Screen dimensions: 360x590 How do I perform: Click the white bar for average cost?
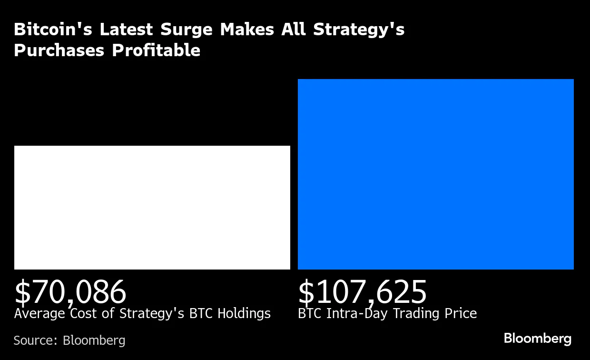point(152,208)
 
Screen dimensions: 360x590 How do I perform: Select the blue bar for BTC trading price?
point(435,174)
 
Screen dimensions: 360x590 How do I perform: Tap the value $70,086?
point(70,292)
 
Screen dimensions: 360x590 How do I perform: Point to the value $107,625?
point(362,292)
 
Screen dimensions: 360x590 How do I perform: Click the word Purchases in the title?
point(59,50)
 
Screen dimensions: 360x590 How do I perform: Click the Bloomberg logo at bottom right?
point(537,339)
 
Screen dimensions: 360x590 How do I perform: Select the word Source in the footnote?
point(35,340)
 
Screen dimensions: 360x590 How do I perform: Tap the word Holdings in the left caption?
point(244,313)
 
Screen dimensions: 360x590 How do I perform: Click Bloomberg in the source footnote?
point(94,340)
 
